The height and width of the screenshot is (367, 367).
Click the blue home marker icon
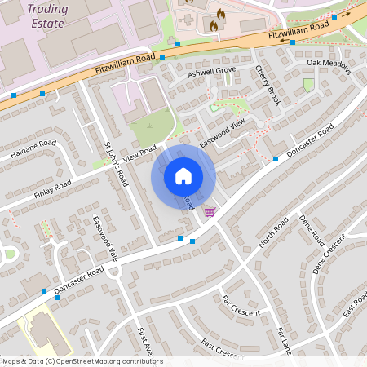[x=183, y=176]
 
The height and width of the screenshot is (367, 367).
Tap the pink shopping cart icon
[x=210, y=212]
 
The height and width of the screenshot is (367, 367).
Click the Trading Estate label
[x=48, y=15]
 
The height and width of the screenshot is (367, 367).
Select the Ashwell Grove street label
[x=211, y=71]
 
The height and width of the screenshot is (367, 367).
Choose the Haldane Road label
[x=33, y=148]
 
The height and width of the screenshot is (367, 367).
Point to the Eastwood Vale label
[x=105, y=237]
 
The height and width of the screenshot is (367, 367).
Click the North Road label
[x=273, y=233]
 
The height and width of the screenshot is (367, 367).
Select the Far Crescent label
[x=241, y=311]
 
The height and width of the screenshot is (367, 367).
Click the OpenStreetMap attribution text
[x=82, y=361]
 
